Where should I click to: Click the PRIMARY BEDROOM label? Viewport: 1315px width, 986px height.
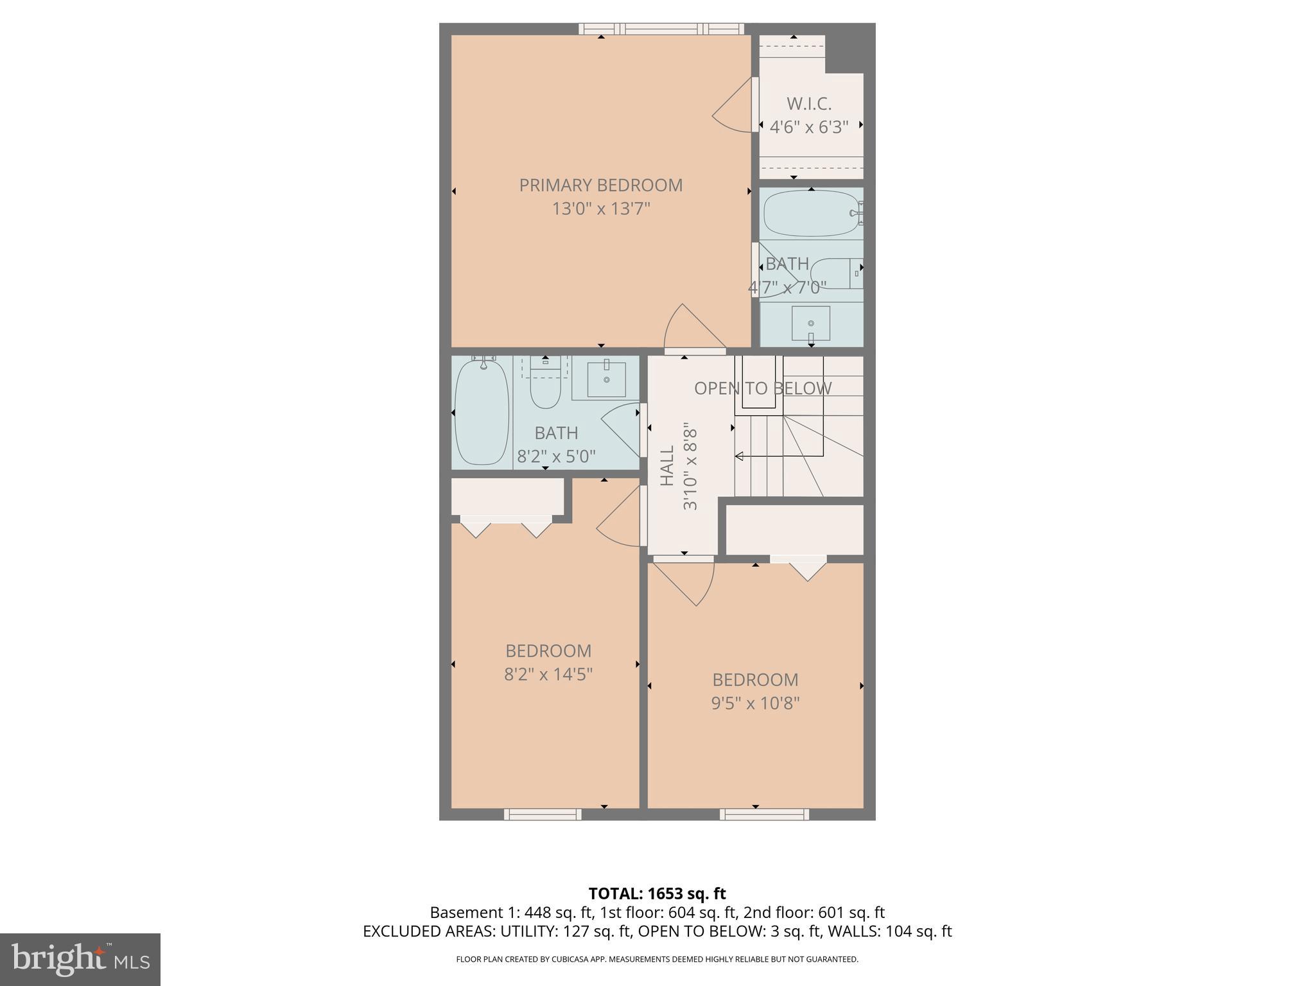[x=600, y=185]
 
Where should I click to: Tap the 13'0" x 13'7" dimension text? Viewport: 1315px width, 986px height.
[x=601, y=209]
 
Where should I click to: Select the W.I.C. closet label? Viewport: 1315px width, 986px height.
[x=809, y=104]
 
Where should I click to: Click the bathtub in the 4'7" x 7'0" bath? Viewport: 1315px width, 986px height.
[x=810, y=214]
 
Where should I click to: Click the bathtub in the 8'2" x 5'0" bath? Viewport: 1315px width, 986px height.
[x=482, y=412]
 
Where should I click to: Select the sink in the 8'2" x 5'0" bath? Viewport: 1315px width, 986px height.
[x=606, y=379]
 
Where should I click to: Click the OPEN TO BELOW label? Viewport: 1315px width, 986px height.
[x=762, y=388]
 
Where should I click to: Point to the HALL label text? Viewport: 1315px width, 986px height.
[x=668, y=465]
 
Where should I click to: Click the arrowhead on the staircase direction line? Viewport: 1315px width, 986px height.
[x=739, y=456]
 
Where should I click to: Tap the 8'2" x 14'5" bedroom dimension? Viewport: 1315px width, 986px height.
[x=548, y=674]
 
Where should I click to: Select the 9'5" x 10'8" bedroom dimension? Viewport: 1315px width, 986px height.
[x=755, y=704]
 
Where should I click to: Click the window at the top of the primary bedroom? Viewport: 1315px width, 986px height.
[x=661, y=29]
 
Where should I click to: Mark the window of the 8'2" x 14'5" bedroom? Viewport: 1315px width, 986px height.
[x=543, y=815]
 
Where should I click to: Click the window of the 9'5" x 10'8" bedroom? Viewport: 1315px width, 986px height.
[x=764, y=815]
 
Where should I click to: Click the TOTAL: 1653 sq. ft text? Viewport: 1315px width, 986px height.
[x=657, y=894]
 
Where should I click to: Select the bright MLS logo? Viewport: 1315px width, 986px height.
[x=80, y=959]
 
